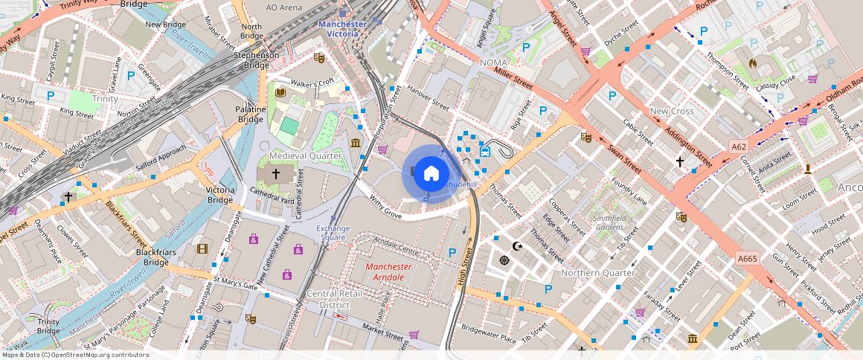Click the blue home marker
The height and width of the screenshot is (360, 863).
coord(431,173)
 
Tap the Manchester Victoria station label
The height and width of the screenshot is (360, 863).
coord(342,29)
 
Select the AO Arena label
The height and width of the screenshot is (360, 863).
coord(284,7)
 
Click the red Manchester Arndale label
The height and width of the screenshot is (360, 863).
coord(389,271)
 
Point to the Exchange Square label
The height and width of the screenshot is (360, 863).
coord(333,233)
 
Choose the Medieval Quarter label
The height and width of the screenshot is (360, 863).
coord(306,155)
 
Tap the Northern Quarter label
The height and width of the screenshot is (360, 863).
coord(598,273)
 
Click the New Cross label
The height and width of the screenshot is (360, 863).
coord(671,112)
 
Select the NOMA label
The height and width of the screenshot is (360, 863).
coord(493,62)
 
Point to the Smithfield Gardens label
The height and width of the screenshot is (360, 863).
coord(609,222)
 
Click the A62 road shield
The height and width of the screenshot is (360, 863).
coord(738,147)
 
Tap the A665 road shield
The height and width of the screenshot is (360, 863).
coord(748,258)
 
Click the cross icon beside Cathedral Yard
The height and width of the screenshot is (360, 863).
coord(275,173)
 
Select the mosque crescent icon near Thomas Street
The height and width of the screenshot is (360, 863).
coord(518,246)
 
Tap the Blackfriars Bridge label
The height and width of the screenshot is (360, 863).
coord(155,257)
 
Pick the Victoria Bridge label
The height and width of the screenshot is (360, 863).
coord(220,195)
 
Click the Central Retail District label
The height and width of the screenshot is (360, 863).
coord(334,299)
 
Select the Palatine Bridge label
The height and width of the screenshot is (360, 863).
coord(251,115)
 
